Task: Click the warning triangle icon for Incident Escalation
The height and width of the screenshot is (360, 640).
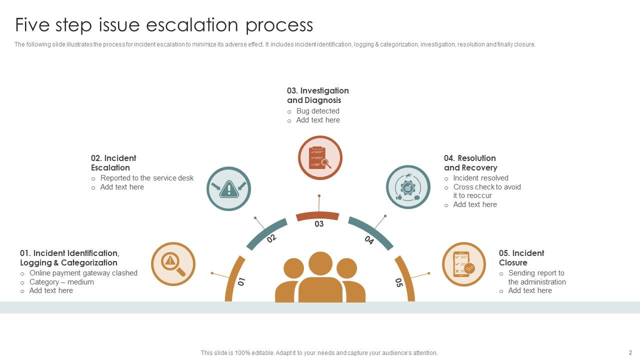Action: tap(228, 189)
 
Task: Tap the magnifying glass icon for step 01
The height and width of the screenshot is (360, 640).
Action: tap(173, 264)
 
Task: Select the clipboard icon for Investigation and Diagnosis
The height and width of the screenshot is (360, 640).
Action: tap(320, 157)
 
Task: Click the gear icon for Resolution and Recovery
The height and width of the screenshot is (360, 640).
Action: tap(408, 187)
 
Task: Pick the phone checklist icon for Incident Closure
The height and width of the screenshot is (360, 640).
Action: tap(463, 264)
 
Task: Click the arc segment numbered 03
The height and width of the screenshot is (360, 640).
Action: tap(317, 216)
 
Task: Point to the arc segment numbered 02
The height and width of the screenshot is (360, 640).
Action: tap(266, 233)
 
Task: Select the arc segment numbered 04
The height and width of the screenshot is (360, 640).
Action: tap(370, 232)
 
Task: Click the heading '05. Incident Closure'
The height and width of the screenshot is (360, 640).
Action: tap(521, 258)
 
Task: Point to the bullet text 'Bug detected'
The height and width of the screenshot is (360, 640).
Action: tap(317, 111)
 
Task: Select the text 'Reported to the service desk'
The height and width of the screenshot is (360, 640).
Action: tap(146, 178)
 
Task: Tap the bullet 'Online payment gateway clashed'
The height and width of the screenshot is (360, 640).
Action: tap(83, 273)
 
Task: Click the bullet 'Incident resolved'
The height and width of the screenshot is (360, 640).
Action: tap(480, 178)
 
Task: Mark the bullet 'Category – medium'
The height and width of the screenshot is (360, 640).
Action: tap(61, 282)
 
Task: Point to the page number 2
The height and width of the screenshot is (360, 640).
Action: tap(630, 352)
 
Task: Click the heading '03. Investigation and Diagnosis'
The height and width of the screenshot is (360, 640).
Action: tap(317, 95)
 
